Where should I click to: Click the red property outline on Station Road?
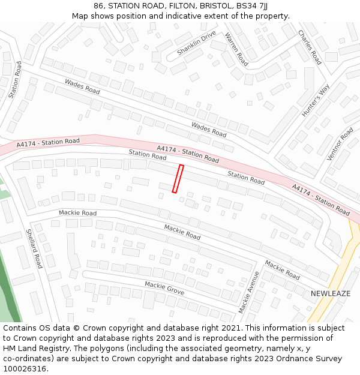178,179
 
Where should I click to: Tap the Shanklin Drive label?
196,43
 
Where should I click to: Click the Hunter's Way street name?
316,100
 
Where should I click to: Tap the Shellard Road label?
34,248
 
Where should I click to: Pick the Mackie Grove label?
164,288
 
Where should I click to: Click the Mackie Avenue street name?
249,292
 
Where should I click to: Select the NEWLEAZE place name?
331,293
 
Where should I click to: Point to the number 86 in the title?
99,5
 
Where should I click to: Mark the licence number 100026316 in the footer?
25,369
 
